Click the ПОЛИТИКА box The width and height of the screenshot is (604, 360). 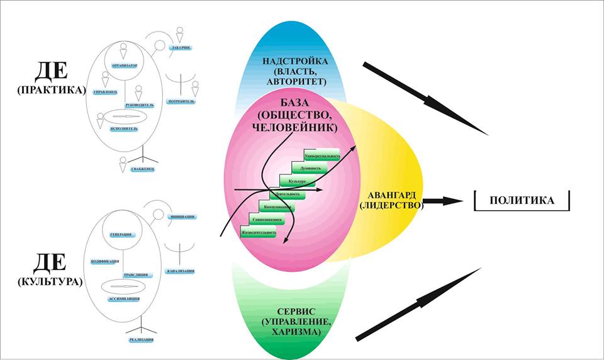(x=522, y=200)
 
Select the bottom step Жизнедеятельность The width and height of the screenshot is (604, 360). (x=259, y=233)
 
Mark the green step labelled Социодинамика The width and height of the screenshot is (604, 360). (x=264, y=220)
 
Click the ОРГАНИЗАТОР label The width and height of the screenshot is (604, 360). (x=125, y=65)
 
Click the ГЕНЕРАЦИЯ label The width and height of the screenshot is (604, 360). (x=120, y=235)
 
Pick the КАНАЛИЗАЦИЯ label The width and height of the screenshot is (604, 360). (x=181, y=271)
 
